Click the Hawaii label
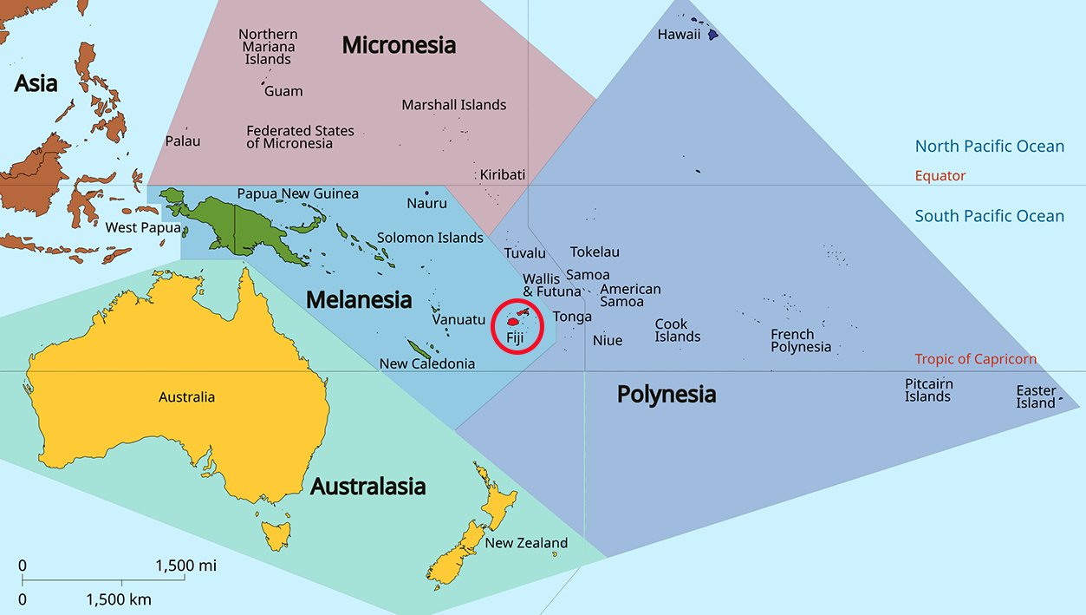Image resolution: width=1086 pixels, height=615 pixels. coord(680,35)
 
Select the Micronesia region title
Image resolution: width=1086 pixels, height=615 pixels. coord(399,45)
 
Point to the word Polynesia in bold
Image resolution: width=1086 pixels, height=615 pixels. coord(667,395)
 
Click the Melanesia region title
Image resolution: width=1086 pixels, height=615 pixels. coord(359,300)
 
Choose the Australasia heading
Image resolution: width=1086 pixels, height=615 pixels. coord(367,487)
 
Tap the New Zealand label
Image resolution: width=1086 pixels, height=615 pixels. coord(526,543)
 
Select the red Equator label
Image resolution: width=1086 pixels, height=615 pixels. coord(940,176)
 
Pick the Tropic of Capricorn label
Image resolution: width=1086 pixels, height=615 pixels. coord(975,359)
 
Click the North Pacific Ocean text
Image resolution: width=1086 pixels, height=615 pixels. coord(989,147)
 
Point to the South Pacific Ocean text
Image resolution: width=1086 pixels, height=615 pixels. coord(989,217)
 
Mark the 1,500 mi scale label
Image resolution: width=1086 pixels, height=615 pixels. coord(185,566)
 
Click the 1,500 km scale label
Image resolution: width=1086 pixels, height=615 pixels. coord(119,599)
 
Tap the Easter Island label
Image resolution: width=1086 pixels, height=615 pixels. coord(1036,396)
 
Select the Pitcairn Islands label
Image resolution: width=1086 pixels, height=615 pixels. coord(928,390)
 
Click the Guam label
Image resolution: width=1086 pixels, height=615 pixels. coord(283,91)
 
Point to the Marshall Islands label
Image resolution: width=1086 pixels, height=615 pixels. coord(453,105)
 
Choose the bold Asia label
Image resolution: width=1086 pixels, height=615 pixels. coord(36,84)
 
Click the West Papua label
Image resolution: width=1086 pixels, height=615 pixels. coord(143,228)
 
